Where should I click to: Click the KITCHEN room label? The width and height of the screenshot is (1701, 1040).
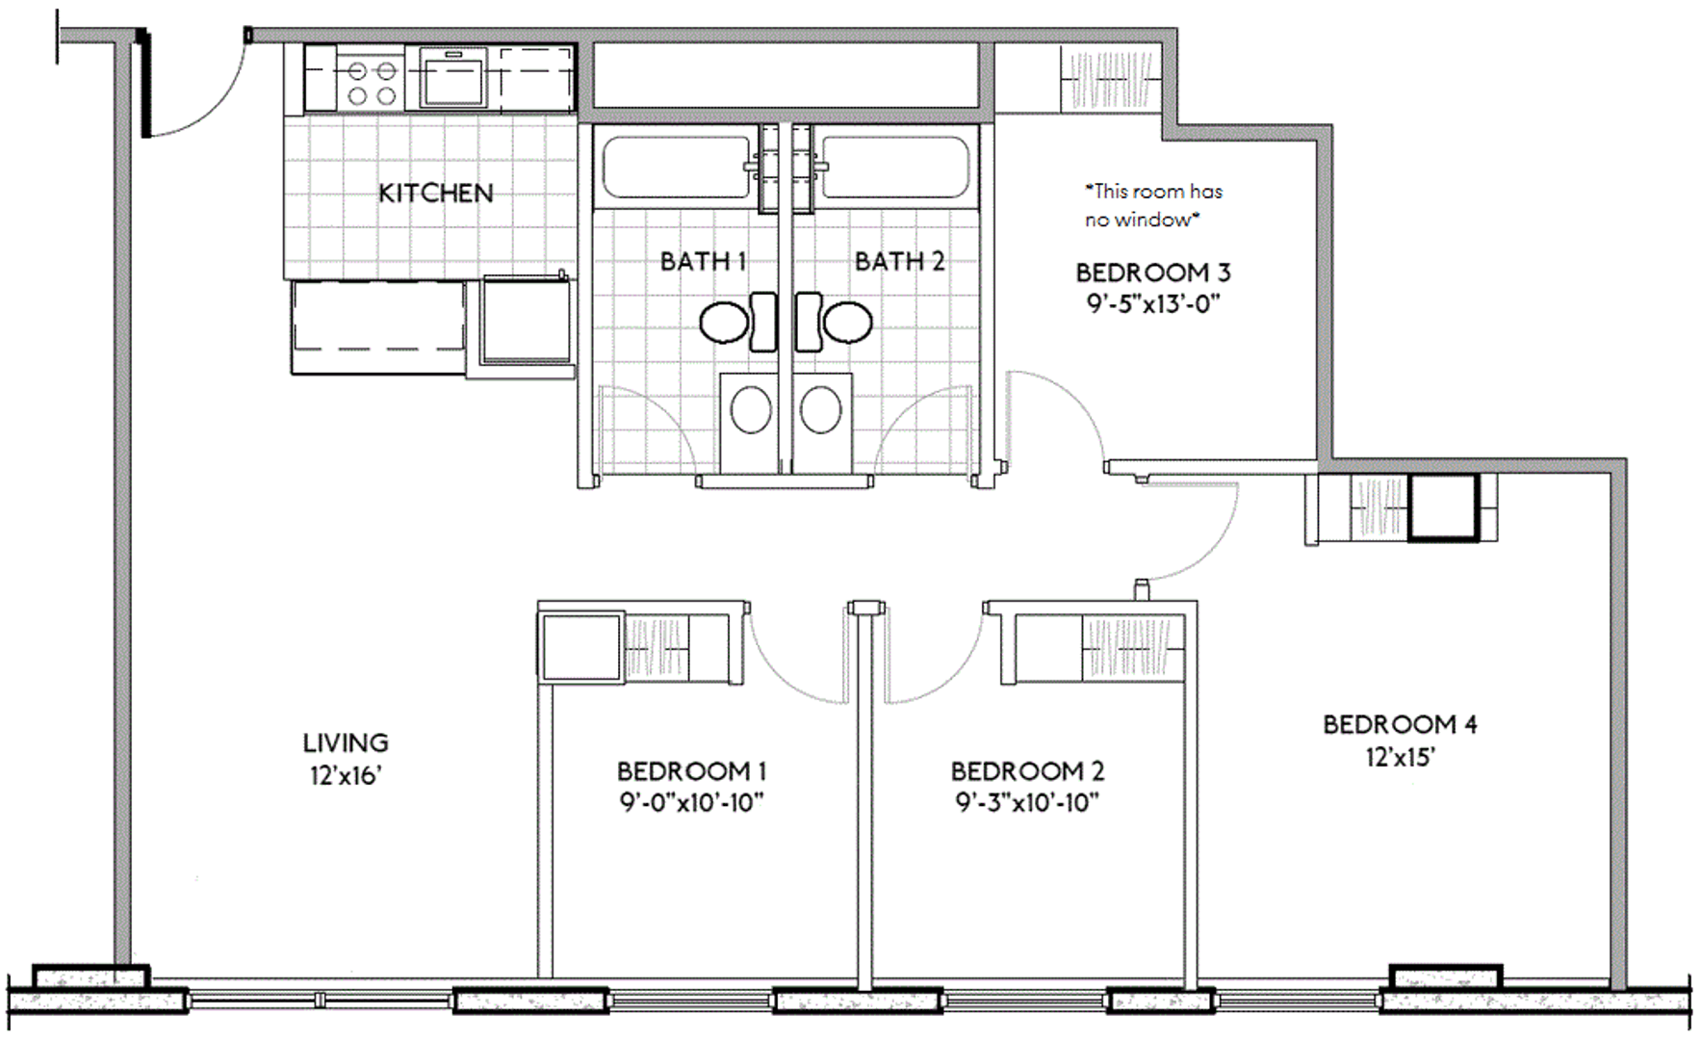(435, 193)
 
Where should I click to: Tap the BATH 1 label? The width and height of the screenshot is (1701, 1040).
(703, 261)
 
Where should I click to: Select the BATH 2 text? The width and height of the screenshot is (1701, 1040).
(899, 261)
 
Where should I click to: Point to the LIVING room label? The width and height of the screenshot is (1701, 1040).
(346, 742)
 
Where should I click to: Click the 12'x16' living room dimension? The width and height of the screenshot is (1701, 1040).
(346, 775)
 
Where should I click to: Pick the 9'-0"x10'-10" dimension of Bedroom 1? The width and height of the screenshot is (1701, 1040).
(691, 802)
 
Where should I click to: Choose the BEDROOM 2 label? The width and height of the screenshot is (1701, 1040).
(1027, 771)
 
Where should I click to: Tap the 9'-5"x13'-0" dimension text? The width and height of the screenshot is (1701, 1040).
(1153, 304)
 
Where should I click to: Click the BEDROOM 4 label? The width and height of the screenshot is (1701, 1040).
(1400, 724)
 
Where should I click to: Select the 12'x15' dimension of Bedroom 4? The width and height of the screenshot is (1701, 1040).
(1400, 757)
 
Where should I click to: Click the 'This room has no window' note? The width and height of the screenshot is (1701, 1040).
(1152, 205)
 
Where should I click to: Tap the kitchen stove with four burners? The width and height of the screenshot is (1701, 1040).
(372, 83)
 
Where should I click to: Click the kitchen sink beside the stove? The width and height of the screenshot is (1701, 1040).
(452, 78)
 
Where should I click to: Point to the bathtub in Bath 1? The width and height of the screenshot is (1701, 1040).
(676, 167)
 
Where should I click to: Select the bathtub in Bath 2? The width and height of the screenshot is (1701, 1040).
(895, 167)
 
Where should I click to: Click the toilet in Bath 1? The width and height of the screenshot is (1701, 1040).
(737, 322)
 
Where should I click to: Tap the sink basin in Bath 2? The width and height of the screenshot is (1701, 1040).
(820, 410)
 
